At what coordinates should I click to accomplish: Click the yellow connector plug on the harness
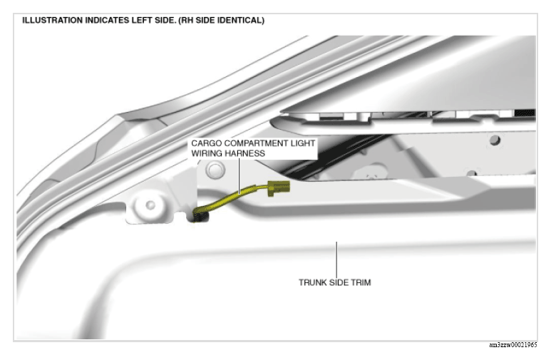point(279,187)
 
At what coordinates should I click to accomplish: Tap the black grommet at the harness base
point(200,215)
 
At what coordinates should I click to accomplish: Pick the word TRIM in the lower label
point(361,283)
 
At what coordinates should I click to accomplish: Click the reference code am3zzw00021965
point(513,345)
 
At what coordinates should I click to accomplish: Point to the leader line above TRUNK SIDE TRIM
point(336,259)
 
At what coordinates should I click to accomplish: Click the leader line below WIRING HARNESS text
point(240,176)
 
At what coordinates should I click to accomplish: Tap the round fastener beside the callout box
point(215,170)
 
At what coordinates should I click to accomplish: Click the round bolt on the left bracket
point(150,205)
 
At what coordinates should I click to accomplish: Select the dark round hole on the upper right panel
point(495,140)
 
